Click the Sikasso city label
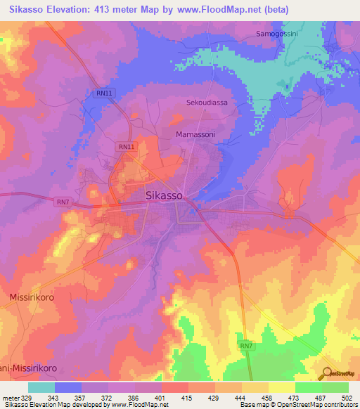pos(165,196)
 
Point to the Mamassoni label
pos(195,133)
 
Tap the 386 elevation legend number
pos(135,398)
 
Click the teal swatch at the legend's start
pos(41,387)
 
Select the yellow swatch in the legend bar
pos(281,387)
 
